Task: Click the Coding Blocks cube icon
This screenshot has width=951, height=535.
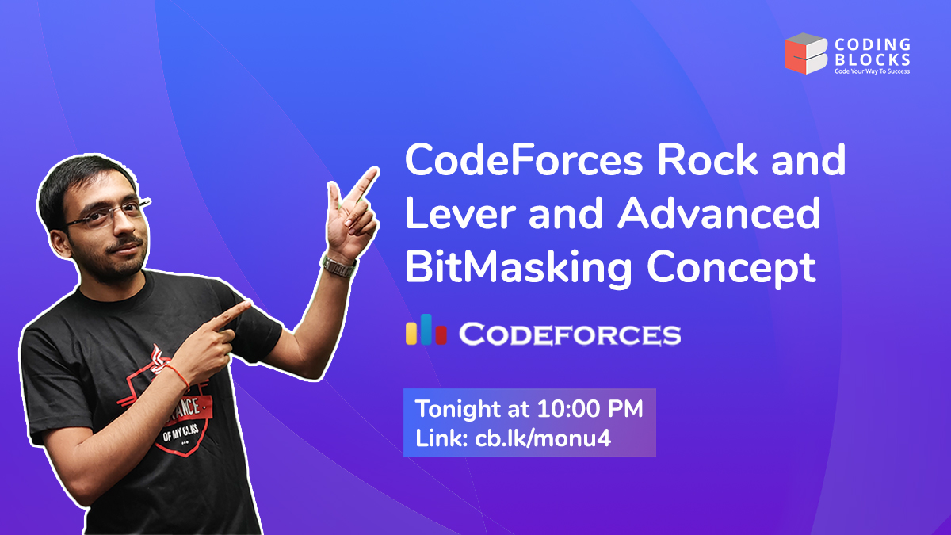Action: (806, 54)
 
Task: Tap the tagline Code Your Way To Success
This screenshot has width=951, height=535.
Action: (872, 71)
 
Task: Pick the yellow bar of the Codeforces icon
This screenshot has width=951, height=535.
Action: (412, 334)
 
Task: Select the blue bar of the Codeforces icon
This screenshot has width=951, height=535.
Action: (426, 329)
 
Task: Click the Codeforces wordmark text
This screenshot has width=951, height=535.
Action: (569, 334)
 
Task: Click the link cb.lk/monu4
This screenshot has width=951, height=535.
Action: (543, 438)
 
